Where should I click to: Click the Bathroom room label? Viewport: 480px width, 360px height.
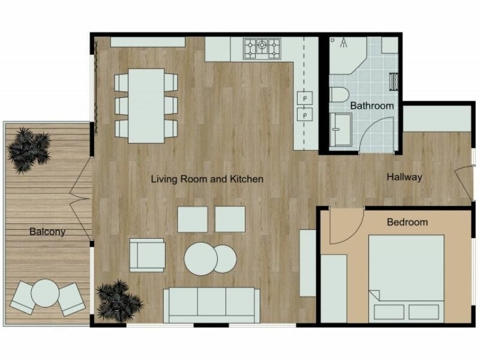372,106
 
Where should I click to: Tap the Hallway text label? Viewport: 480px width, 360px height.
404,177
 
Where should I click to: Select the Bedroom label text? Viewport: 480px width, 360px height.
407,222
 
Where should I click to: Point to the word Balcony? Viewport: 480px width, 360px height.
47,231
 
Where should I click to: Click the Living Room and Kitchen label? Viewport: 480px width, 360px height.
207,179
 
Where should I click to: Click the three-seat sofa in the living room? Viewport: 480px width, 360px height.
211,304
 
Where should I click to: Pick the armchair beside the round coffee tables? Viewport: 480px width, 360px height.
146,254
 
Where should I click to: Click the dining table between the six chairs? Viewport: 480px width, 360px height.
146,105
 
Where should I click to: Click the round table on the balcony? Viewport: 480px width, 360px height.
44,295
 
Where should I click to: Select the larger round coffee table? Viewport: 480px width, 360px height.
200,259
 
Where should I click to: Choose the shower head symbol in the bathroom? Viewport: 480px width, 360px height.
343,41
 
